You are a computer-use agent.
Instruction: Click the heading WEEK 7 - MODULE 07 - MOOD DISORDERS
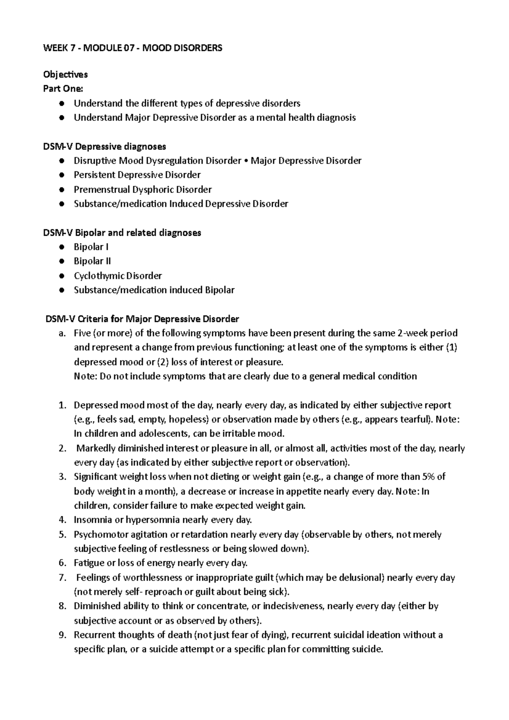point(133,48)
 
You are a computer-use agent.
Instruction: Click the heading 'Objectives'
point(65,75)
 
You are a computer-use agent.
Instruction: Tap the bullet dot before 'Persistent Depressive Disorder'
point(62,175)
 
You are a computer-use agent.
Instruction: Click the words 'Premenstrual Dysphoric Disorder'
point(143,190)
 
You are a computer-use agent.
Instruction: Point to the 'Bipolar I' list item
point(91,247)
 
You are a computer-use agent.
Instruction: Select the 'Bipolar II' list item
point(92,261)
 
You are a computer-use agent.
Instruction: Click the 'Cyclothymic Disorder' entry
point(118,276)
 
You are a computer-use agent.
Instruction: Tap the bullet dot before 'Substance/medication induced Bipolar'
point(62,290)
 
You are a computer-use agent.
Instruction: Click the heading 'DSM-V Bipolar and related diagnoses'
point(122,233)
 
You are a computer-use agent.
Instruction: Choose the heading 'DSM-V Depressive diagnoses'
point(104,147)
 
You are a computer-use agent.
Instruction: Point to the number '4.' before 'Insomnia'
point(63,520)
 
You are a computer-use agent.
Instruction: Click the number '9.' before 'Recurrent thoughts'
point(63,635)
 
